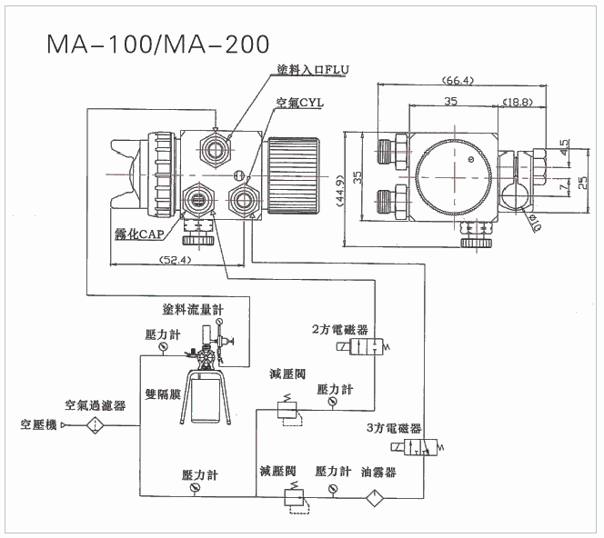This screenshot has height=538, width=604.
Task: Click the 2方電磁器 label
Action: click(339, 329)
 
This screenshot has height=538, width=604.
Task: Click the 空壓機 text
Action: click(38, 424)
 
